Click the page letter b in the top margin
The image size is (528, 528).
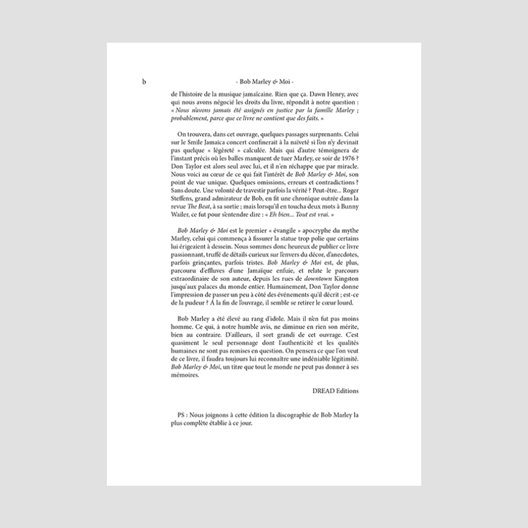click(144, 81)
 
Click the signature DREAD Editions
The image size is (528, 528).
click(335, 391)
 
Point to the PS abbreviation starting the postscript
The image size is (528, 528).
click(181, 414)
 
